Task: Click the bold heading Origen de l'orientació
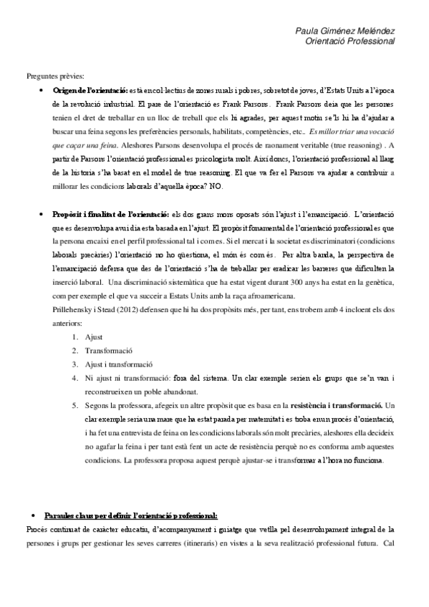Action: pos(90,89)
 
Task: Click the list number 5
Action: pos(75,406)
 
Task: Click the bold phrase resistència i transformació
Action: pos(337,406)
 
